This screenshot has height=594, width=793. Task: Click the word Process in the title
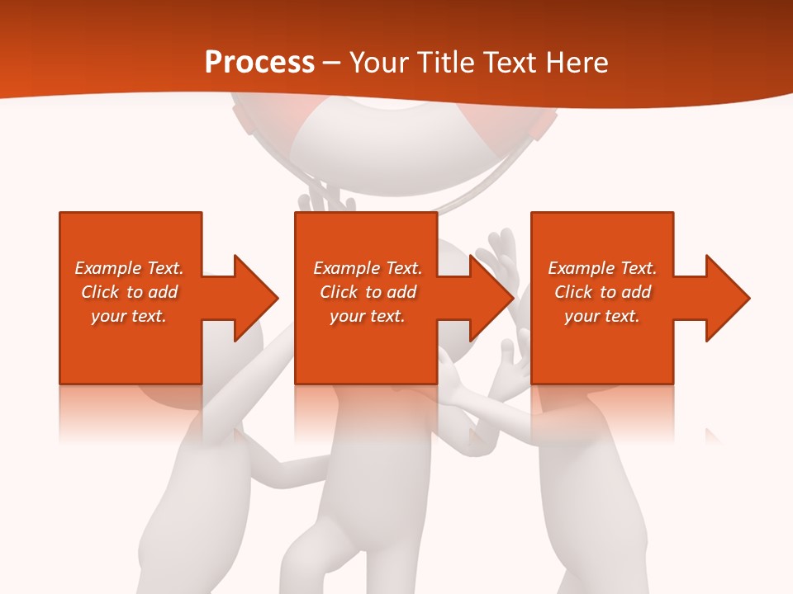pyautogui.click(x=259, y=63)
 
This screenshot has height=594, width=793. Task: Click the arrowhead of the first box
pyautogui.click(x=254, y=298)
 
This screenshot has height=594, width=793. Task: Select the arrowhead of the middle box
pyautogui.click(x=491, y=298)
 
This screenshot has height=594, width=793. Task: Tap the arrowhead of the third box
pyautogui.click(x=726, y=298)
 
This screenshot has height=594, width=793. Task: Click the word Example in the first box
pyautogui.click(x=107, y=268)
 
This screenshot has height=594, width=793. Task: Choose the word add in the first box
pyautogui.click(x=164, y=292)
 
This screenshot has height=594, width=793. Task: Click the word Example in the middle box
pyautogui.click(x=346, y=268)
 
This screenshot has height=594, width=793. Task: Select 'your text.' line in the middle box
pyautogui.click(x=367, y=316)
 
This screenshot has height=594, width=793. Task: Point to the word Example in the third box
pyautogui.click(x=581, y=268)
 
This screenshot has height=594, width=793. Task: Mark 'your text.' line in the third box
pyautogui.click(x=601, y=316)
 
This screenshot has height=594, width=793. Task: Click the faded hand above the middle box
pyautogui.click(x=326, y=197)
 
